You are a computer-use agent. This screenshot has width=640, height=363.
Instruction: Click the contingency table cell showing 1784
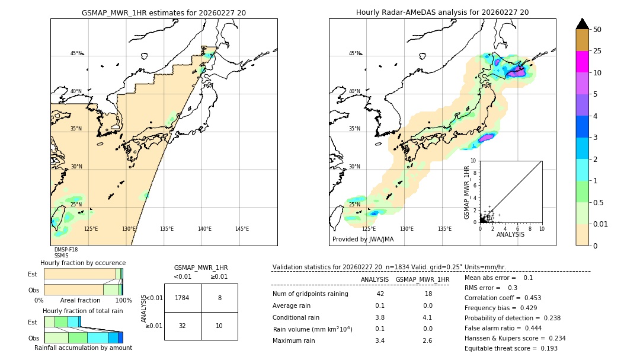(183, 298)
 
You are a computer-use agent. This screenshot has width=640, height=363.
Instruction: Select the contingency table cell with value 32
(183, 326)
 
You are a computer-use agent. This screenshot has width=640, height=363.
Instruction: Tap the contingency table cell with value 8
(219, 298)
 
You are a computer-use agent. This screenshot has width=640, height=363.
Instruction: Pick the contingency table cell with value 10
(219, 326)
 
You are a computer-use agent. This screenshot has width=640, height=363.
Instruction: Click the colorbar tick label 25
(597, 51)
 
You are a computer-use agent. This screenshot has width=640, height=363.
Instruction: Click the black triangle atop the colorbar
(582, 24)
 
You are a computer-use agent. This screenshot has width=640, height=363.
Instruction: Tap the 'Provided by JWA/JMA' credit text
(363, 240)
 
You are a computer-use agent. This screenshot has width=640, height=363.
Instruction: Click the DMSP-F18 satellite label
(66, 250)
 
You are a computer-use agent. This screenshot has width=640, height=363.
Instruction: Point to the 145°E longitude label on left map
(242, 229)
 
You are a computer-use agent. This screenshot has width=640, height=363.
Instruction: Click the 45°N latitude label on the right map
(354, 53)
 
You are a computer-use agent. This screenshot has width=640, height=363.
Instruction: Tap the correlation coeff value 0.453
(529, 298)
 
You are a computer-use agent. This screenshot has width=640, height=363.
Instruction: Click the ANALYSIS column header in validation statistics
(375, 279)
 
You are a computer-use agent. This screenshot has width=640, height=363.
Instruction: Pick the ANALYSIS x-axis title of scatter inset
(510, 234)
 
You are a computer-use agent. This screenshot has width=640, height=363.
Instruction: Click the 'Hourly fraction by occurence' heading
(83, 263)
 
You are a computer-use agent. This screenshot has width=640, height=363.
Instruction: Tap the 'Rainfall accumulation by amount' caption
(83, 348)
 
